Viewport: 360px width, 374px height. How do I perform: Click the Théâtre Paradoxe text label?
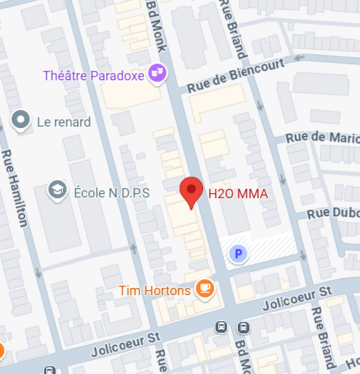pos(93,75)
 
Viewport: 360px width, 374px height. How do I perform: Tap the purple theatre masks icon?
pos(157,72)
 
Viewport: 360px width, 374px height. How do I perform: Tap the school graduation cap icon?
pos(55,190)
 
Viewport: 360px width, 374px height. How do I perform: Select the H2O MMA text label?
pos(238,193)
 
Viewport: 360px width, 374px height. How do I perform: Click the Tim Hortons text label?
pos(155,291)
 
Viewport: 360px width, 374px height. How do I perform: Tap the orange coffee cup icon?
pos(205,289)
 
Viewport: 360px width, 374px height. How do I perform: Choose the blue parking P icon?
pos(237,254)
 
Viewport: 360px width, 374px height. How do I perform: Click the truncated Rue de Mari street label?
pos(322,136)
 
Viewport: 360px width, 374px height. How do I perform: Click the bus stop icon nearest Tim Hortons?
pos(220,327)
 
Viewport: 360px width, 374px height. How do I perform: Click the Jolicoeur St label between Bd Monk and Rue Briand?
pos(296,297)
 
